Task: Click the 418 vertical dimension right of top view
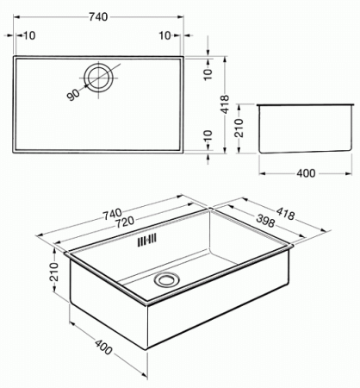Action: pos(225,105)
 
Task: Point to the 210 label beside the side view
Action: pos(243,131)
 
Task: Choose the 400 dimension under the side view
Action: pos(304,173)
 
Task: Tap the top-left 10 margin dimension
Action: pos(30,35)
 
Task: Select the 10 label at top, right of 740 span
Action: pos(164,35)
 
